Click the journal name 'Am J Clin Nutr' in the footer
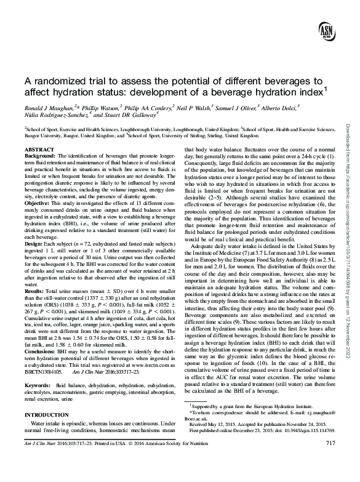pos(34,460)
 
